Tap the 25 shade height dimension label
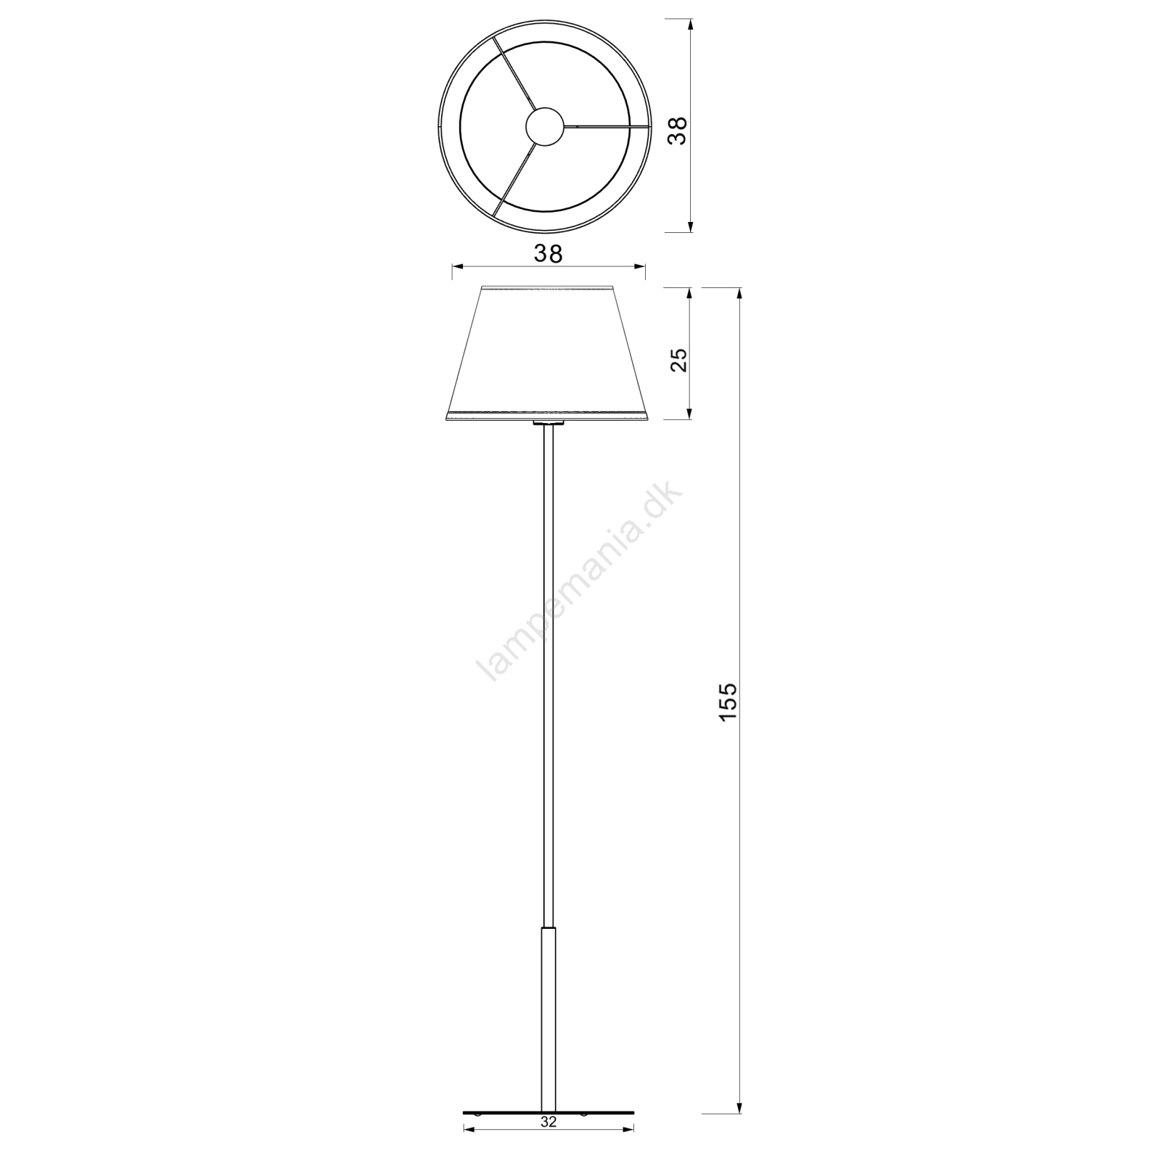click(678, 359)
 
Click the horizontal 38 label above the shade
click(548, 253)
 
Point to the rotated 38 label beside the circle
click(677, 131)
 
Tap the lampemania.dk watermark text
click(578, 583)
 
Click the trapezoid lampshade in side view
click(549, 353)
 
